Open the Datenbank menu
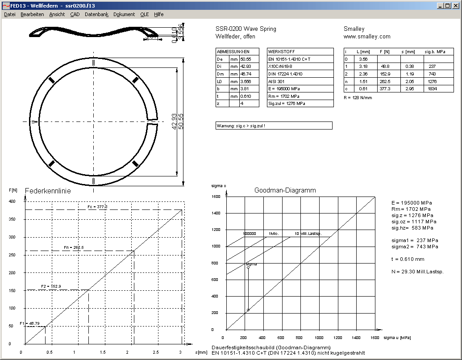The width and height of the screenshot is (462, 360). click(x=96, y=14)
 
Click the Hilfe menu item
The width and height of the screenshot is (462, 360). click(x=159, y=14)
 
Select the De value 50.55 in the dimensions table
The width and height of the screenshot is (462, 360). click(x=246, y=59)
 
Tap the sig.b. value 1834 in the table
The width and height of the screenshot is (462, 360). click(x=432, y=89)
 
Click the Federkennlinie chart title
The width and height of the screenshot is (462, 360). click(x=48, y=191)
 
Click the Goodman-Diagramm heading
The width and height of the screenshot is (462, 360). click(x=285, y=190)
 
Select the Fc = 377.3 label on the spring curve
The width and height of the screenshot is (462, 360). click(x=97, y=207)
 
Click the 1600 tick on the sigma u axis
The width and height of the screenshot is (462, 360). click(x=375, y=338)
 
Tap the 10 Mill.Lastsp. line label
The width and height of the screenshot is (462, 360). click(x=308, y=234)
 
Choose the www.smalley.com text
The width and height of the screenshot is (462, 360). click(x=367, y=37)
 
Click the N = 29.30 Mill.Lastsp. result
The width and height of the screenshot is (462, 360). click(x=420, y=272)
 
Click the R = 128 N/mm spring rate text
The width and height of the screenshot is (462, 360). click(x=358, y=97)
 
